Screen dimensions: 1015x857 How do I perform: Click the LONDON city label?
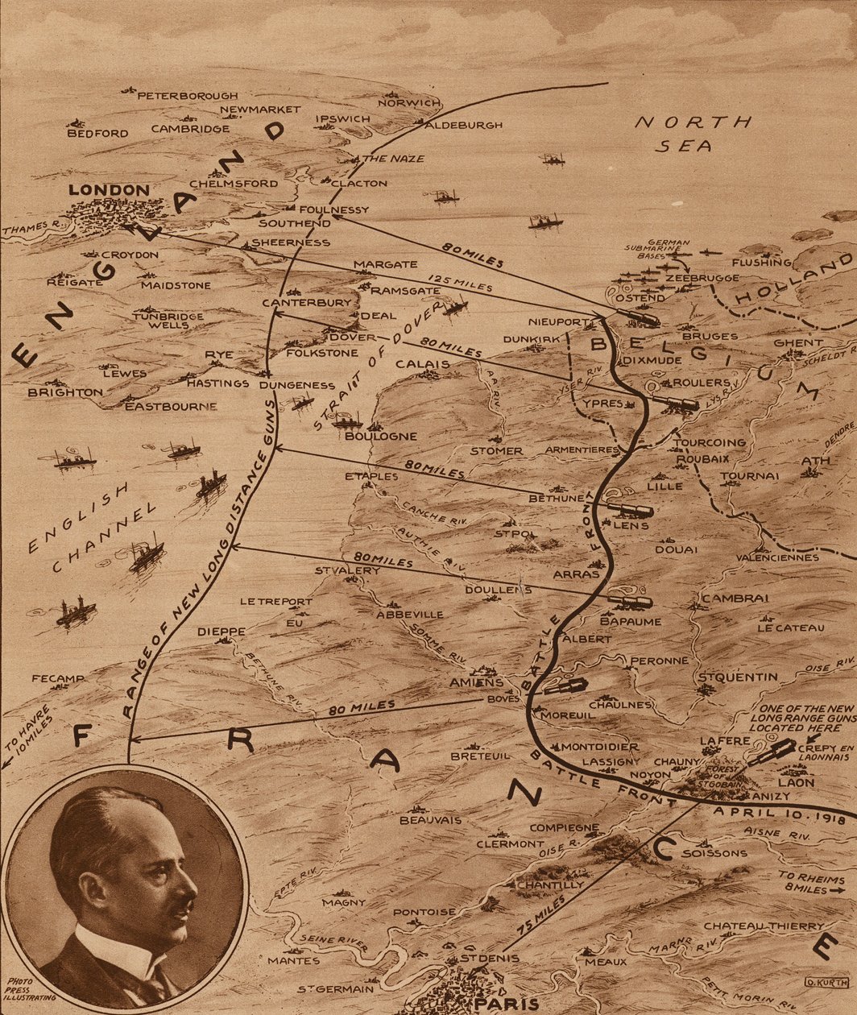109,190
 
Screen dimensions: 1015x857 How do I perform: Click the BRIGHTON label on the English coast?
65,392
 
